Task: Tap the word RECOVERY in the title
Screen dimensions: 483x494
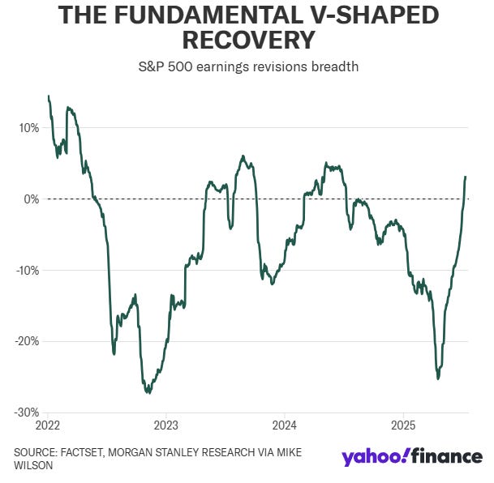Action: tap(247, 41)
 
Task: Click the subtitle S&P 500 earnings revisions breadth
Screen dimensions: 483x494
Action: tap(247, 67)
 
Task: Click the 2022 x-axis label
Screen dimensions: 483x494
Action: tap(48, 425)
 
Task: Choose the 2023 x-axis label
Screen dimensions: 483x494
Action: tap(166, 425)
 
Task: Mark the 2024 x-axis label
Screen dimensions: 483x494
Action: tap(286, 425)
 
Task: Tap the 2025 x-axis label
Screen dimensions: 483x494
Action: tap(404, 425)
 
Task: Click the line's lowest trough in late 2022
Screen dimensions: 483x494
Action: tap(148, 393)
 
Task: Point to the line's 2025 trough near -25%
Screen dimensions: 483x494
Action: tap(438, 378)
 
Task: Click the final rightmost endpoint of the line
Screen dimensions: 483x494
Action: tap(466, 177)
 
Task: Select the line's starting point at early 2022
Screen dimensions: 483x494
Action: tap(49, 96)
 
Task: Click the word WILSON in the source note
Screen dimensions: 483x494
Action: tap(35, 467)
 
